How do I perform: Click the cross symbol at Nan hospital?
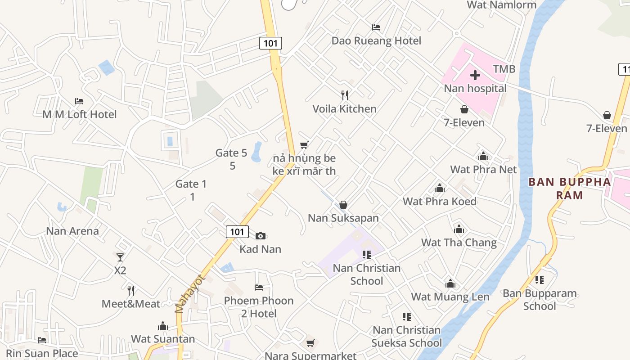(475, 75)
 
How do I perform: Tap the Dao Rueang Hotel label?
(376, 40)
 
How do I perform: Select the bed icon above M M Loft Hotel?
(79, 101)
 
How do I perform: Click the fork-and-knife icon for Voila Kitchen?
(345, 95)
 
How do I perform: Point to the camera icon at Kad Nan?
(261, 236)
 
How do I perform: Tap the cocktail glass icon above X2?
(120, 257)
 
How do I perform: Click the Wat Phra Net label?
(483, 170)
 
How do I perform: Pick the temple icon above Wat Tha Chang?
(459, 229)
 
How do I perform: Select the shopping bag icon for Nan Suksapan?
(343, 205)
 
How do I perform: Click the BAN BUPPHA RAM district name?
(569, 189)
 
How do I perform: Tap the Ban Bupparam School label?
(540, 300)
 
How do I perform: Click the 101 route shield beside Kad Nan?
(237, 232)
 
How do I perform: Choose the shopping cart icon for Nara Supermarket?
(310, 343)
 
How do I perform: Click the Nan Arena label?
(72, 231)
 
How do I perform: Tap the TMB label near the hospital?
(504, 69)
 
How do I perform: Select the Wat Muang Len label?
(450, 297)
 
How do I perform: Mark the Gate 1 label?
(191, 184)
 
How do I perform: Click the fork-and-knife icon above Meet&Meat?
(131, 291)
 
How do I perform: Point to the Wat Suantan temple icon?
(163, 326)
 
